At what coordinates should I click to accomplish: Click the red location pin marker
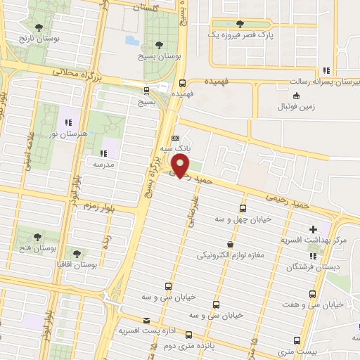(x=181, y=166)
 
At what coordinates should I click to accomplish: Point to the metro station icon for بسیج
(x=146, y=90)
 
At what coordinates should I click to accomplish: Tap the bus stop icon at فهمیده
(x=182, y=82)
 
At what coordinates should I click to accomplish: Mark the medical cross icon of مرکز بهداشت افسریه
(x=313, y=229)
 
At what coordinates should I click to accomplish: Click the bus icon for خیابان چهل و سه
(x=243, y=209)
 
